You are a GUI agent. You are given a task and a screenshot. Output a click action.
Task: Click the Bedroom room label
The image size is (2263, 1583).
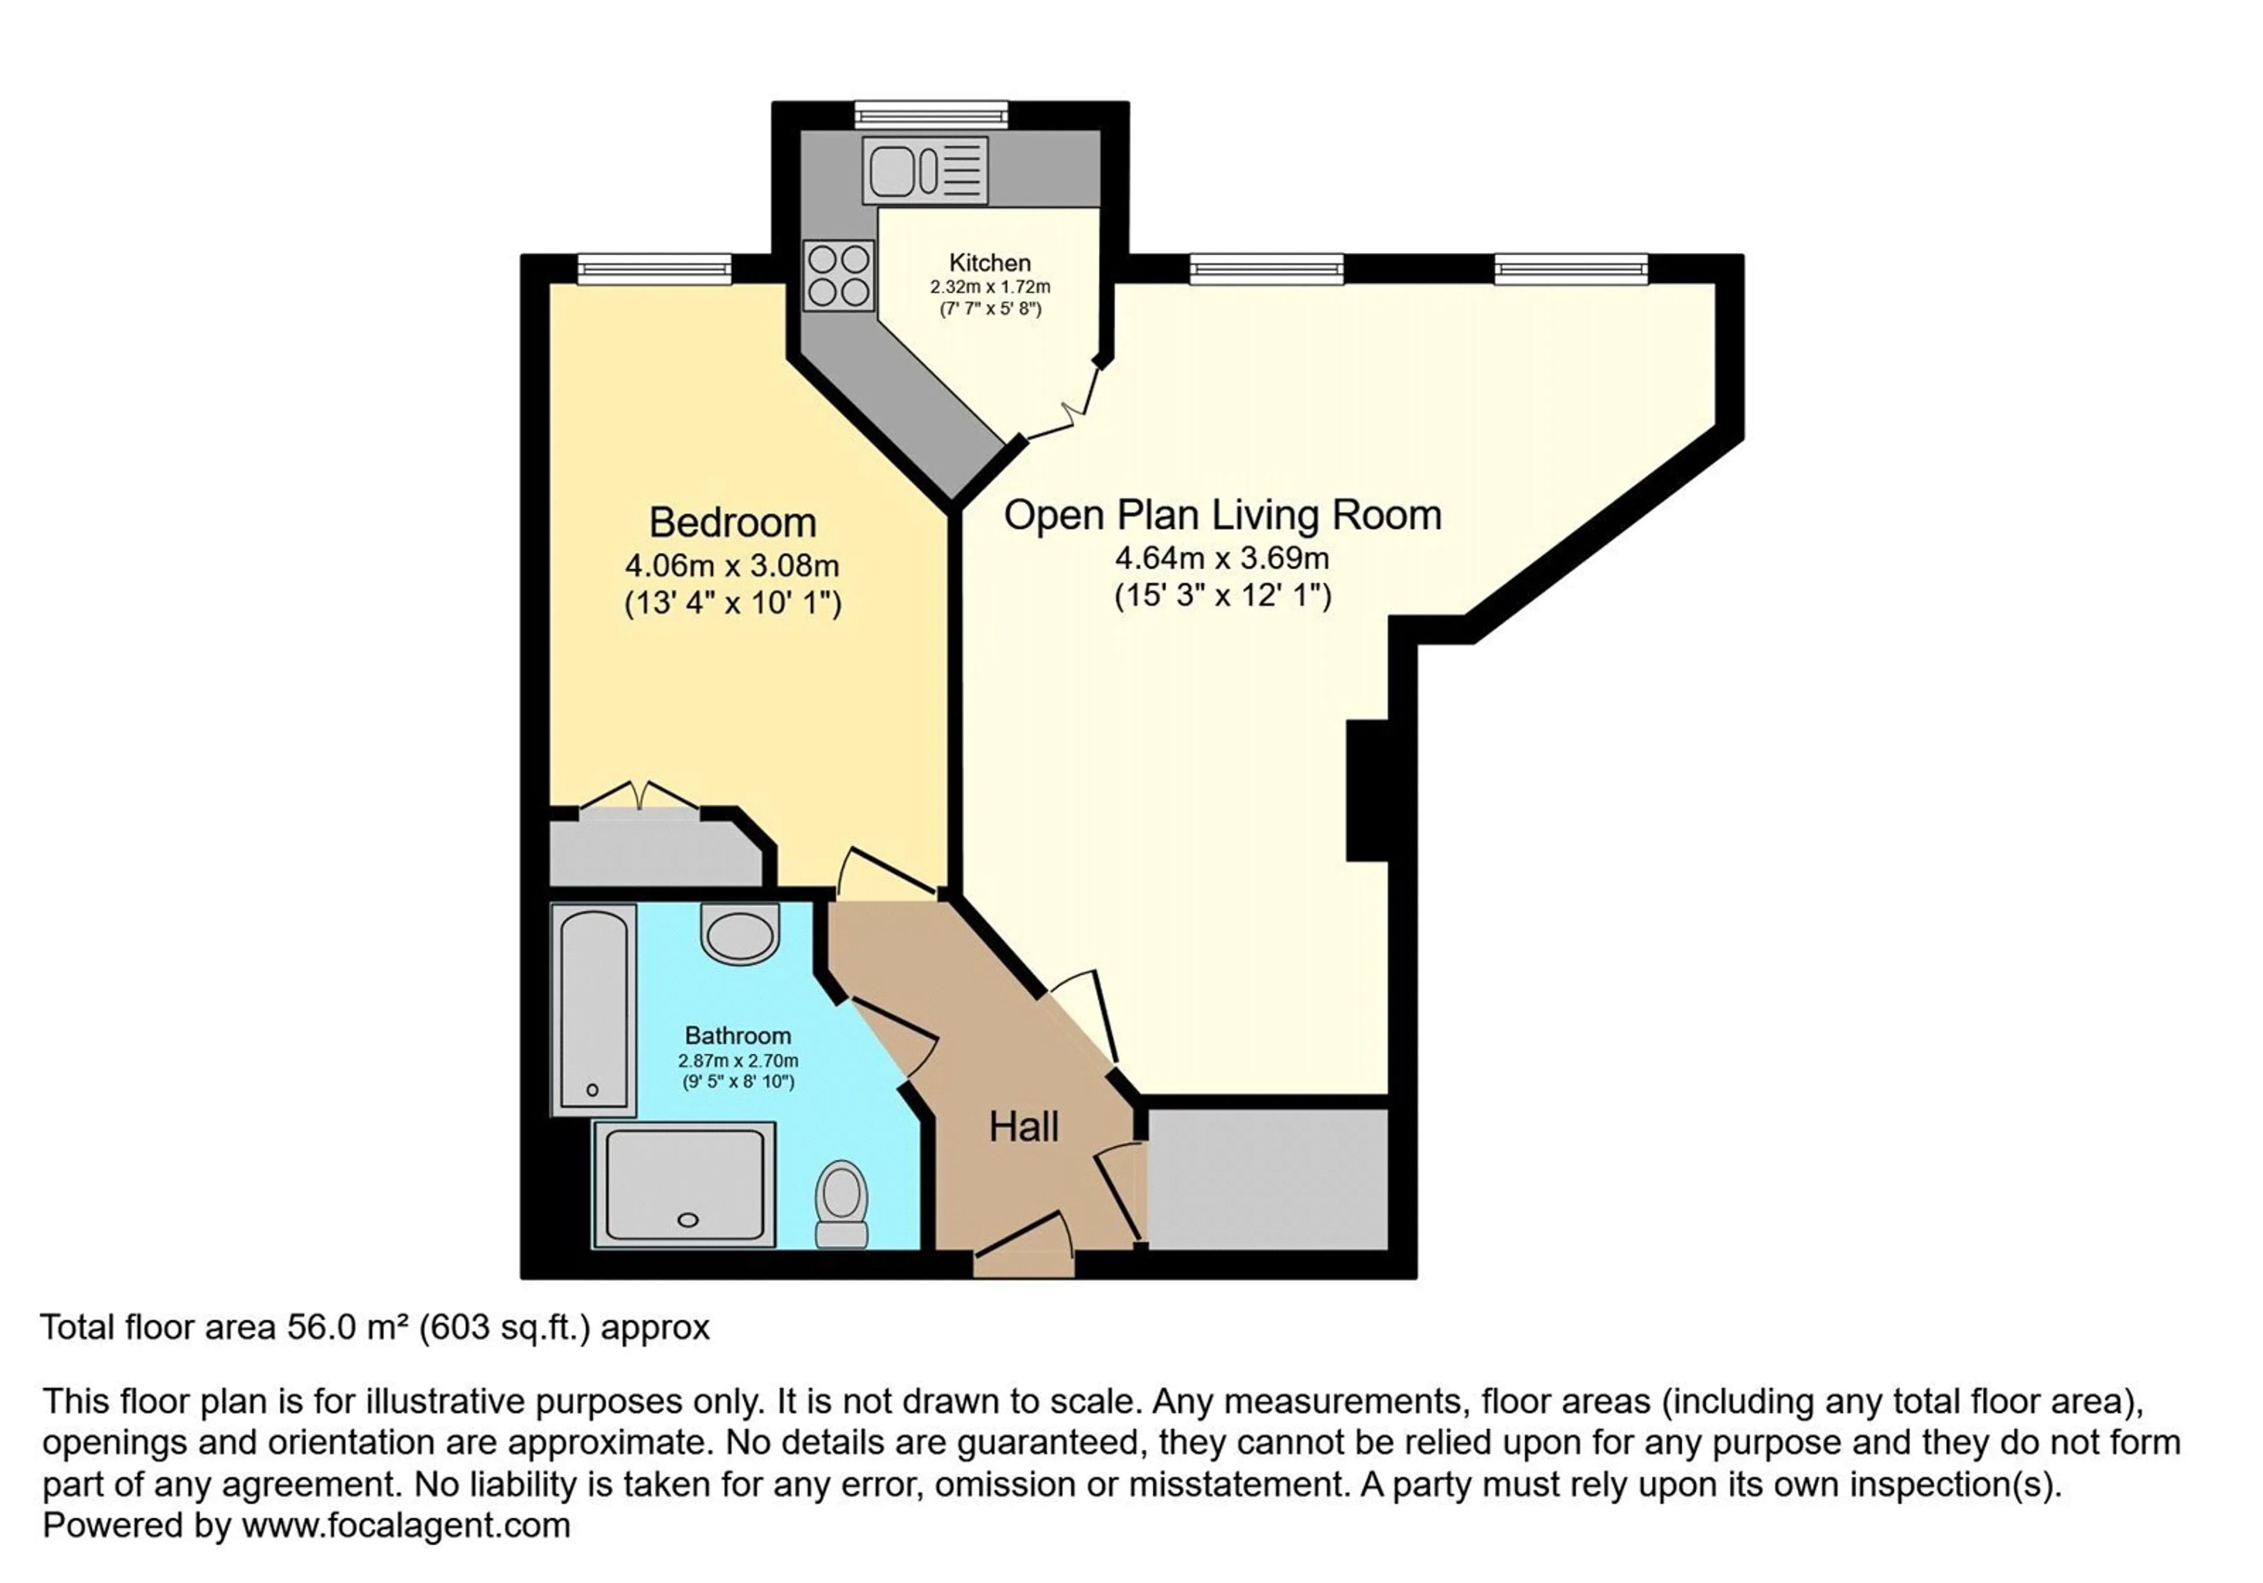pyautogui.click(x=733, y=522)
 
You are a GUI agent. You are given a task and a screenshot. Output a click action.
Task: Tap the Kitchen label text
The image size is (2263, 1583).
pyautogui.click(x=989, y=262)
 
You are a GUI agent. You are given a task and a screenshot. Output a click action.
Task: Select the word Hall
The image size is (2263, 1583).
pyautogui.click(x=1024, y=1127)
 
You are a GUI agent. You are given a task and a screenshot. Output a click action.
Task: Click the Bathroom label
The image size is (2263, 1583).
pyautogui.click(x=738, y=1035)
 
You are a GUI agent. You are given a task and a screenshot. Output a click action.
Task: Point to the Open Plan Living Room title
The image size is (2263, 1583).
pyautogui.click(x=1222, y=515)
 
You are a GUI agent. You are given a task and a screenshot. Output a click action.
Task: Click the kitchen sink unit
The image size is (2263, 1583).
pyautogui.click(x=925, y=170)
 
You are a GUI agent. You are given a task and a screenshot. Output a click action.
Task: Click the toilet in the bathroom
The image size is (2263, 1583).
pyautogui.click(x=842, y=1203)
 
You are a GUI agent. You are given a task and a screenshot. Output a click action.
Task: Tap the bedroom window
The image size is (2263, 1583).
pyautogui.click(x=655, y=268)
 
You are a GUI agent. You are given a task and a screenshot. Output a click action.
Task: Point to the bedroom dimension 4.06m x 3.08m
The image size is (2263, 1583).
pyautogui.click(x=733, y=566)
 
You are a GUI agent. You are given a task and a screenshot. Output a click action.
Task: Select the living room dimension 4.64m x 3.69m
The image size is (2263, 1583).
pyautogui.click(x=1222, y=558)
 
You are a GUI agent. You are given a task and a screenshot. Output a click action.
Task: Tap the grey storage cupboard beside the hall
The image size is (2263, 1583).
pyautogui.click(x=1268, y=1179)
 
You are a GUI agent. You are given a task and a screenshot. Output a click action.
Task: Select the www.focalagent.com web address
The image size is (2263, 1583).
pyautogui.click(x=406, y=1526)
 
